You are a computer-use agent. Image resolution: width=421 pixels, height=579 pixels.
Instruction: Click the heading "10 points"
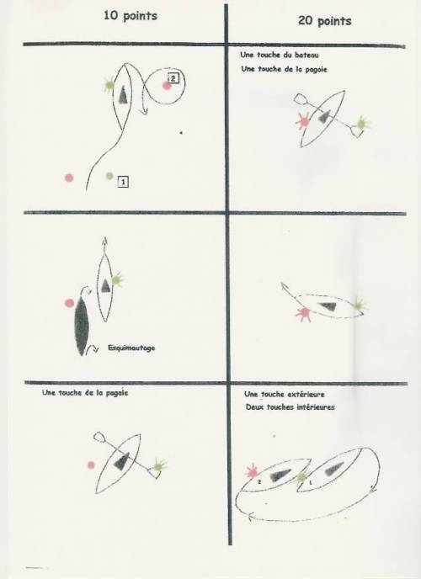click(x=131, y=16)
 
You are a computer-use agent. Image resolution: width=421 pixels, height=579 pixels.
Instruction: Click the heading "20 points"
click(x=325, y=21)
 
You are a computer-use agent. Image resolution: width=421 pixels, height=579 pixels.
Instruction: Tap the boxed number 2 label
click(x=173, y=78)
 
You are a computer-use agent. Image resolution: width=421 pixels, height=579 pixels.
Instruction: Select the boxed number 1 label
click(x=123, y=182)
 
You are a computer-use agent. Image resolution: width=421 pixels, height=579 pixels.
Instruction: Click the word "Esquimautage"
click(x=131, y=348)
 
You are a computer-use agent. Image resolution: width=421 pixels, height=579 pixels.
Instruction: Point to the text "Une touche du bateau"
click(x=280, y=55)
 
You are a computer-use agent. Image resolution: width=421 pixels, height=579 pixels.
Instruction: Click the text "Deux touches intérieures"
click(x=290, y=407)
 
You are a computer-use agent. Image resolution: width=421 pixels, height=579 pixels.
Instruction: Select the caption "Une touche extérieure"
click(x=285, y=395)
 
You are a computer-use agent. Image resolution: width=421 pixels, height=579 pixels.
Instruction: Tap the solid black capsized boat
click(x=82, y=326)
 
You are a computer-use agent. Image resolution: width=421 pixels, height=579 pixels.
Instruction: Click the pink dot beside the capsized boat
click(x=69, y=303)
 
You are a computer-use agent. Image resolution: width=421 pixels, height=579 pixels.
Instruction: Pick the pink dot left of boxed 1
click(x=69, y=178)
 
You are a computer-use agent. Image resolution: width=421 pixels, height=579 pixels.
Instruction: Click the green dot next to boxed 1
click(x=109, y=176)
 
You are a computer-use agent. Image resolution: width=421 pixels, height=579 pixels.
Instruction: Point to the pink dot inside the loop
click(x=167, y=86)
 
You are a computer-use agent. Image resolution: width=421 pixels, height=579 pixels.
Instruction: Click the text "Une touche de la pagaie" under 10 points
click(x=85, y=393)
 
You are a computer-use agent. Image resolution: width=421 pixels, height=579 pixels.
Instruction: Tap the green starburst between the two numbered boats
click(x=301, y=477)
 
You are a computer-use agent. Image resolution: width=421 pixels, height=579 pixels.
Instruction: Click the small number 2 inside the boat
click(x=259, y=482)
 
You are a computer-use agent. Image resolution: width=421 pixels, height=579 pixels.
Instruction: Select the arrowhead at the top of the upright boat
click(x=104, y=241)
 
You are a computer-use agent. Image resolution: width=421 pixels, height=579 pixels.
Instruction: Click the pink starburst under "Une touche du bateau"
click(x=304, y=120)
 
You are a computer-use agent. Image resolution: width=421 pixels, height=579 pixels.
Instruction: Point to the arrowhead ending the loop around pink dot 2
click(x=144, y=110)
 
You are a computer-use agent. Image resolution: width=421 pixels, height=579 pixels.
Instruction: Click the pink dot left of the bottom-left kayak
click(x=91, y=465)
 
